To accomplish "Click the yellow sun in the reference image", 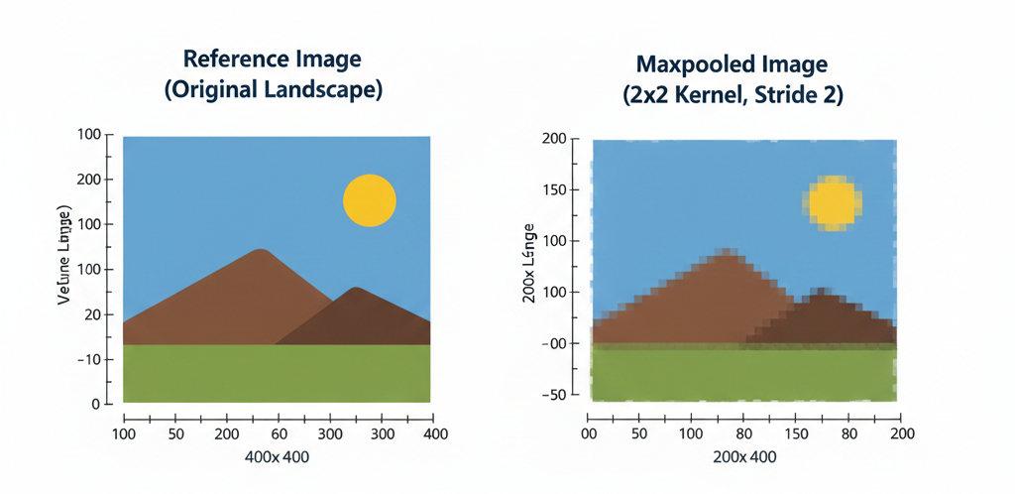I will click(370, 200).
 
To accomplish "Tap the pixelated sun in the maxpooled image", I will click(832, 203).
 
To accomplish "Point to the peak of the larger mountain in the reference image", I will click(261, 251).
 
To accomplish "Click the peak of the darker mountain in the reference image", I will click(355, 289).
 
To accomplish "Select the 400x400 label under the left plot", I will click(277, 457).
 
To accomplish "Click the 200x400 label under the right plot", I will click(744, 457).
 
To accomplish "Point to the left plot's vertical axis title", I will click(65, 255).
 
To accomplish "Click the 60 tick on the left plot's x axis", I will click(279, 433).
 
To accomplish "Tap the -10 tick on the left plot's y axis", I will click(88, 359).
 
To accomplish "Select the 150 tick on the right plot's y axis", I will click(556, 189).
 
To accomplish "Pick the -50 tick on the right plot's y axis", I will click(556, 396).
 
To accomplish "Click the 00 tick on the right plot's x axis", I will click(591, 433).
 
